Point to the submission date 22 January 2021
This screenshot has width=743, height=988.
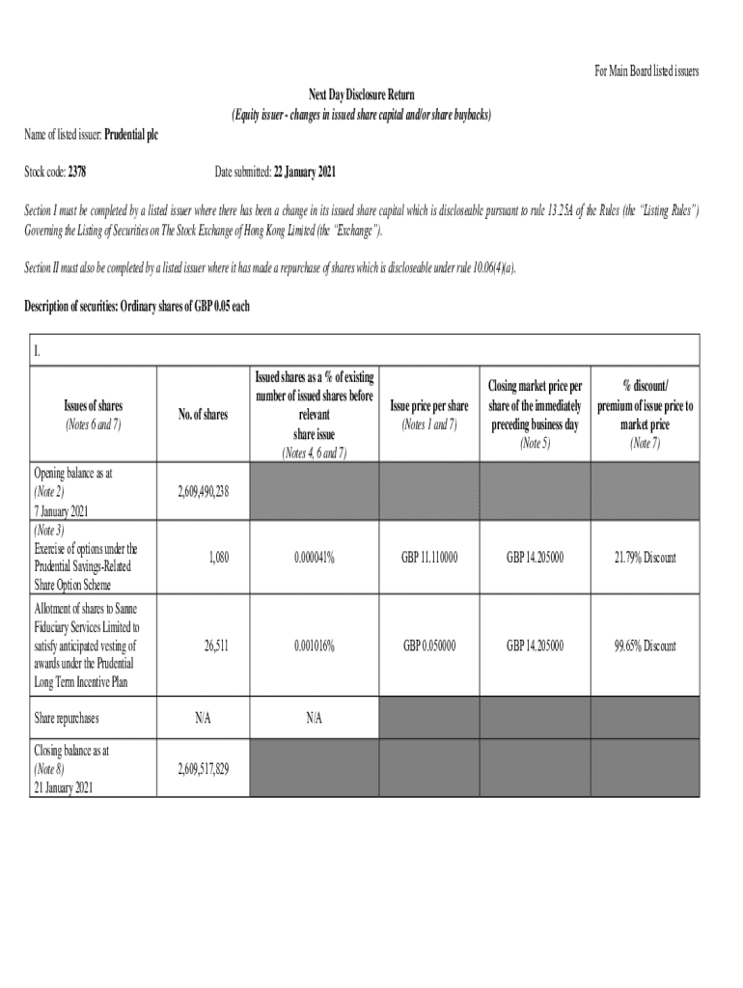click(x=305, y=172)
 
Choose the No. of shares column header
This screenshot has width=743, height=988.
click(x=203, y=414)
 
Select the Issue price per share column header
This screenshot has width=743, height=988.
click(x=429, y=405)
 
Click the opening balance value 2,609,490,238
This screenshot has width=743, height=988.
click(x=203, y=491)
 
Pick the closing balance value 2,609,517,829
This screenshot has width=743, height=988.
click(x=203, y=769)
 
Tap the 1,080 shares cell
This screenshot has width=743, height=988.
click(x=215, y=558)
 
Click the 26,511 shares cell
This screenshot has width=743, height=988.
click(x=215, y=645)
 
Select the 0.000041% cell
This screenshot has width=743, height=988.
click(x=315, y=558)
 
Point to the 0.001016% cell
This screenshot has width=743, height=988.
click(x=315, y=645)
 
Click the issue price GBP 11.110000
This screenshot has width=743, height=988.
click(x=429, y=558)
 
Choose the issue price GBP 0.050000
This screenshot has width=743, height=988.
click(x=429, y=645)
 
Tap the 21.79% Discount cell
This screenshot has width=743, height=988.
click(x=645, y=558)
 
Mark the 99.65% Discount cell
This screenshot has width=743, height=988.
click(x=645, y=645)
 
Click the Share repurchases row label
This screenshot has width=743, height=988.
click(x=67, y=719)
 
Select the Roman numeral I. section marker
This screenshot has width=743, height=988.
click(x=38, y=349)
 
